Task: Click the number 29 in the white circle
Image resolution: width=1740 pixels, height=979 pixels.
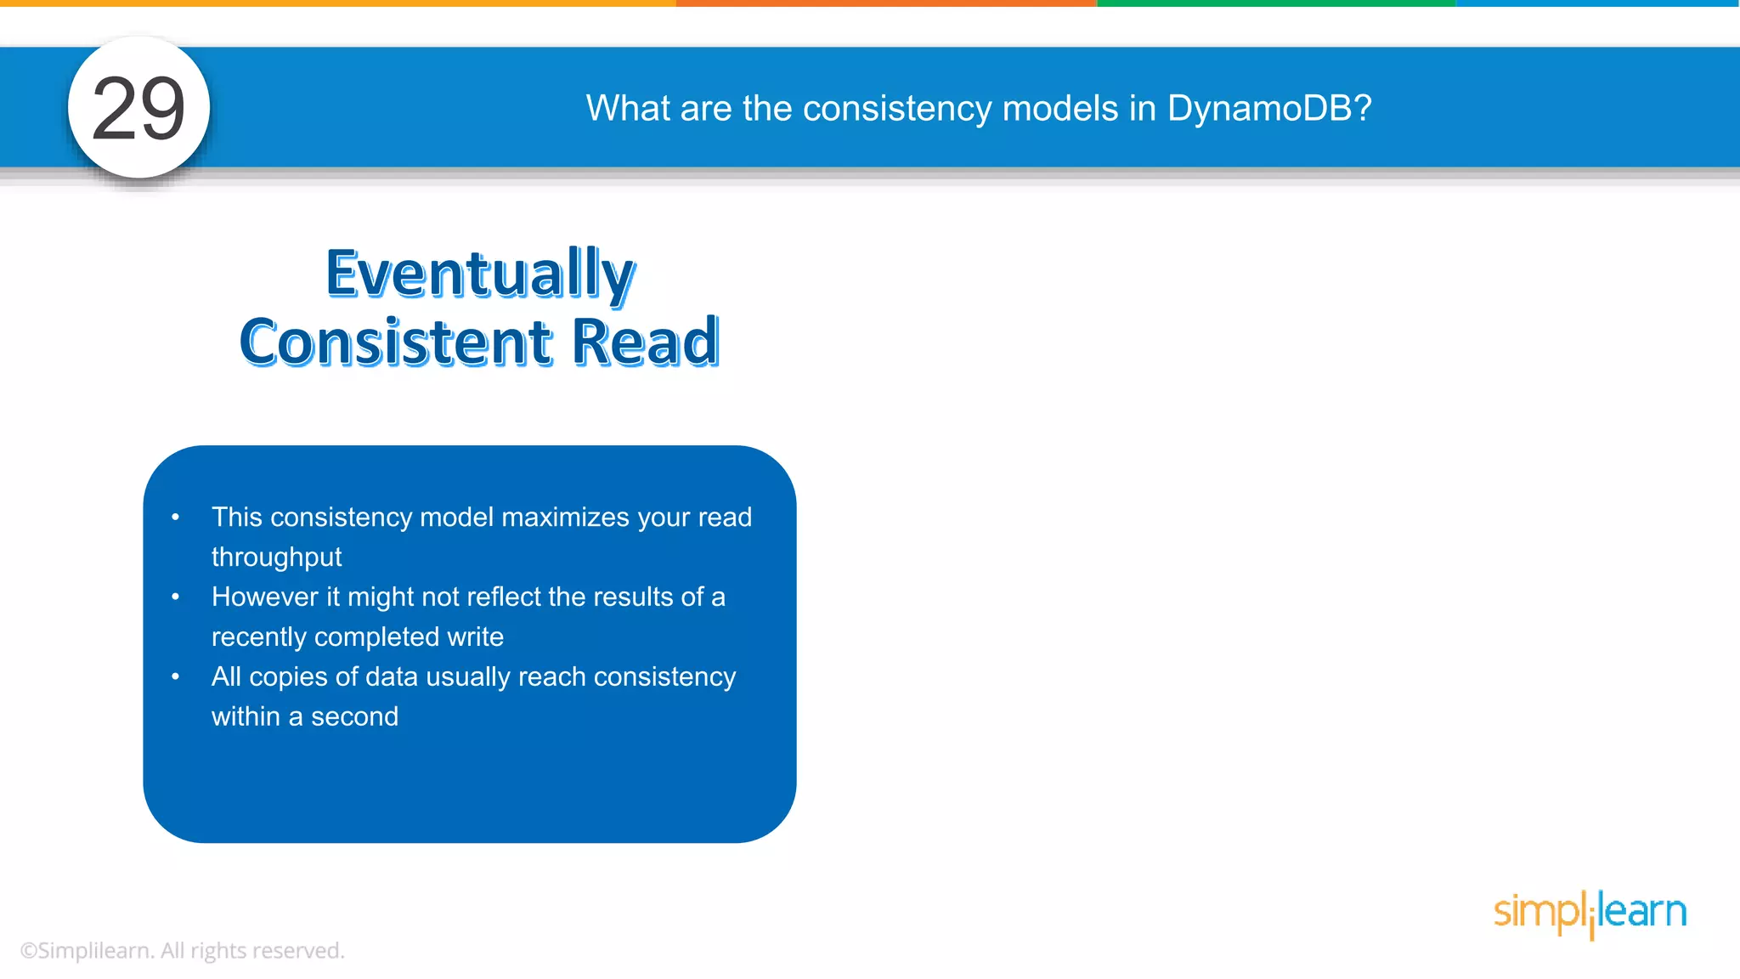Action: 138,109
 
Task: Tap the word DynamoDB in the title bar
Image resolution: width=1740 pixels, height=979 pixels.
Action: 1269,109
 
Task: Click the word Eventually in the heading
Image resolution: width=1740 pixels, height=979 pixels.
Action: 480,274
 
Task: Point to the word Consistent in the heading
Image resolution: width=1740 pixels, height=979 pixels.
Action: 396,342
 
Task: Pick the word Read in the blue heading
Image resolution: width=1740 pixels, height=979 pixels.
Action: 645,342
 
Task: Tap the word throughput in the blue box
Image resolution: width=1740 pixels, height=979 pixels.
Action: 276,557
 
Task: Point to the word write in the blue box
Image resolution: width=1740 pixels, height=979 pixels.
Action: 476,637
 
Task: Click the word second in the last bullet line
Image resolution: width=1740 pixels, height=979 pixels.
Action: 354,716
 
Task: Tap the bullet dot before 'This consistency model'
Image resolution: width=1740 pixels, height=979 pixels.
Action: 176,517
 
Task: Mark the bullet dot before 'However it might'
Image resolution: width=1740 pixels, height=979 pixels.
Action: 176,597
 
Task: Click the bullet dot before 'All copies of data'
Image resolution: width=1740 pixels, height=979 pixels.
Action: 176,676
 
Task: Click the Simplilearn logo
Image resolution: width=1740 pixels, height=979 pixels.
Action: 1590,913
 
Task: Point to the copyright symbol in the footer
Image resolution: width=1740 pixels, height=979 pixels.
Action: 28,951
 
